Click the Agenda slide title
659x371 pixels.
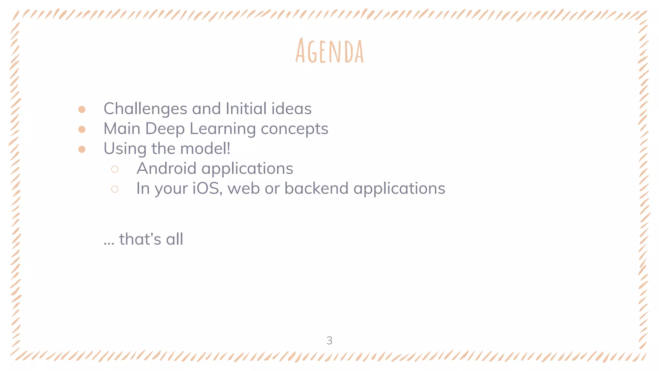point(329,51)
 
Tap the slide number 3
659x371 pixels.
point(329,340)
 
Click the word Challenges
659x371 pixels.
point(145,109)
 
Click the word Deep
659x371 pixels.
point(165,129)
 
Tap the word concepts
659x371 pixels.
point(294,129)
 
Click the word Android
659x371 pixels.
point(166,168)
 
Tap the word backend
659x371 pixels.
point(316,188)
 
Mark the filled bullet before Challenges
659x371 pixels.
point(82,109)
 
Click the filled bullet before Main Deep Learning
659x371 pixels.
point(82,129)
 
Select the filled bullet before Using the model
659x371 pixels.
point(82,149)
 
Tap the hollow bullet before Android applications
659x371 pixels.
point(115,169)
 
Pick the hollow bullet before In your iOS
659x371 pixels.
point(115,189)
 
